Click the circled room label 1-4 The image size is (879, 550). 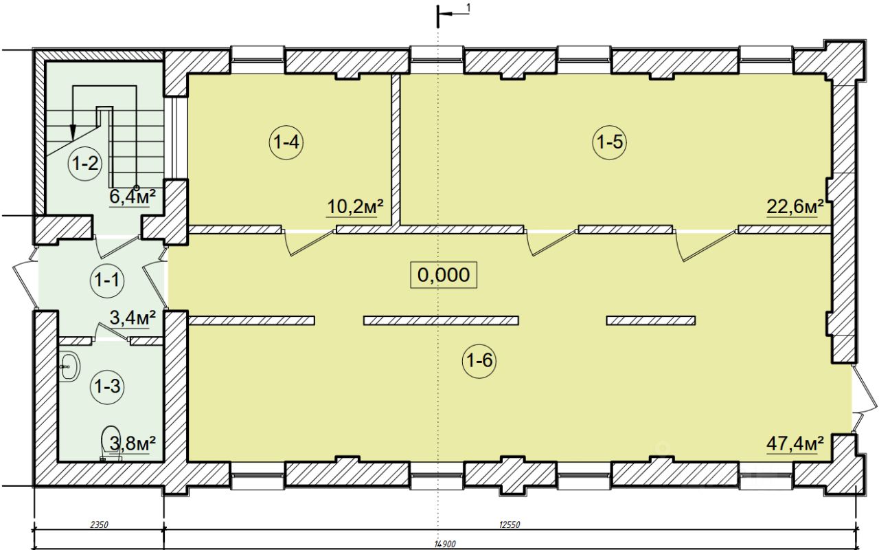(x=286, y=142)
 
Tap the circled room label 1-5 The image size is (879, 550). (x=609, y=142)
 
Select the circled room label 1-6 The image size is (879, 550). (x=479, y=360)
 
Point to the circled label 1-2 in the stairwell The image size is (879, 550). (x=86, y=163)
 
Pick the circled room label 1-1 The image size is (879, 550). (x=107, y=280)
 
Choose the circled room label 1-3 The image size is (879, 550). (x=107, y=386)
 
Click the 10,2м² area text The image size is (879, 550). (x=355, y=207)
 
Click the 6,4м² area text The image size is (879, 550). (x=133, y=197)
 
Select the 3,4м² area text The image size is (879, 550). (x=133, y=318)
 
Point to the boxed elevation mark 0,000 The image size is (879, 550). (x=444, y=274)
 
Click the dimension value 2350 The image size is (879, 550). (x=99, y=525)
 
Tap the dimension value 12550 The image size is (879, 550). (x=510, y=525)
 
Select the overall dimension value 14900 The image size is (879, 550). (x=445, y=544)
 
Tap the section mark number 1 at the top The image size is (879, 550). (x=468, y=8)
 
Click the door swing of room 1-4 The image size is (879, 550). (x=309, y=243)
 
